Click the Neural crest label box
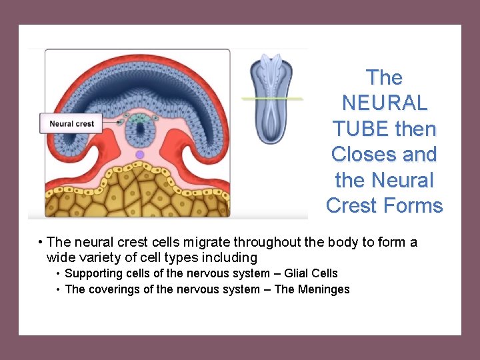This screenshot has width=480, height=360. tap(71, 123)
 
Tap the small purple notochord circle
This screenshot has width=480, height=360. tap(140, 155)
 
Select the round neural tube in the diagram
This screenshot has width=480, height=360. tap(140, 129)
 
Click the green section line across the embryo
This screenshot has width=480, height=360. tap(272, 99)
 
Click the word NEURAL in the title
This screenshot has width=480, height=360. tap(385, 103)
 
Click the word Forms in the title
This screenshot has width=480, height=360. tap(413, 205)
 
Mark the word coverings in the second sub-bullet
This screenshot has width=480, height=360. tap(113, 289)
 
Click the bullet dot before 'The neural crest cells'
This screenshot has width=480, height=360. tap(41, 242)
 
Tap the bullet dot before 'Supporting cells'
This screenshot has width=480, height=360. tap(59, 273)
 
